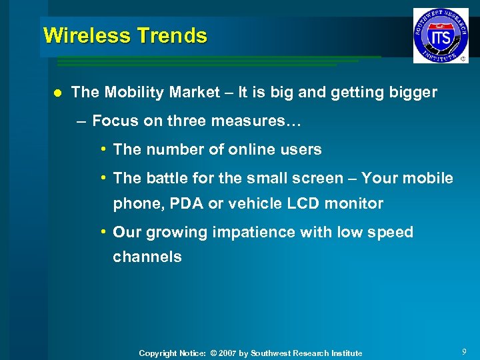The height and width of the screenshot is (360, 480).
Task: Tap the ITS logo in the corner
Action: pos(441,35)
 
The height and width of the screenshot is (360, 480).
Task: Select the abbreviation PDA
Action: pos(187,203)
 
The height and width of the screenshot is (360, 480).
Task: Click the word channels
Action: pos(147,257)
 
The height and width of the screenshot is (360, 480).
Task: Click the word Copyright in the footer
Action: pos(158,353)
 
